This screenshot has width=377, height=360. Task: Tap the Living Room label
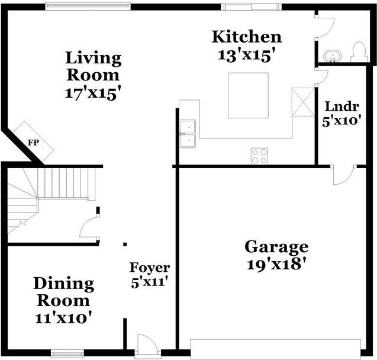[93, 66]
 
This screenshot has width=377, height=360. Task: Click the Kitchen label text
[246, 37]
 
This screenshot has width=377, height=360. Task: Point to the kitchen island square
[248, 96]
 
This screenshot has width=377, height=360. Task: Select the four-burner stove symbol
[259, 156]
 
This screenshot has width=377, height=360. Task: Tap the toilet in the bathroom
[358, 52]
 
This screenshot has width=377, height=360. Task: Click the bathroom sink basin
[334, 57]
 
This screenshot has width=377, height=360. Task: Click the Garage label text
[276, 246]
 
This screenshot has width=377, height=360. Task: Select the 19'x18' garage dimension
[276, 263]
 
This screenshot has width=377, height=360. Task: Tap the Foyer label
[150, 268]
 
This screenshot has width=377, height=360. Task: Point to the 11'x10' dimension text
[63, 317]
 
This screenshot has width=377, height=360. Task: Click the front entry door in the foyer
[145, 346]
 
